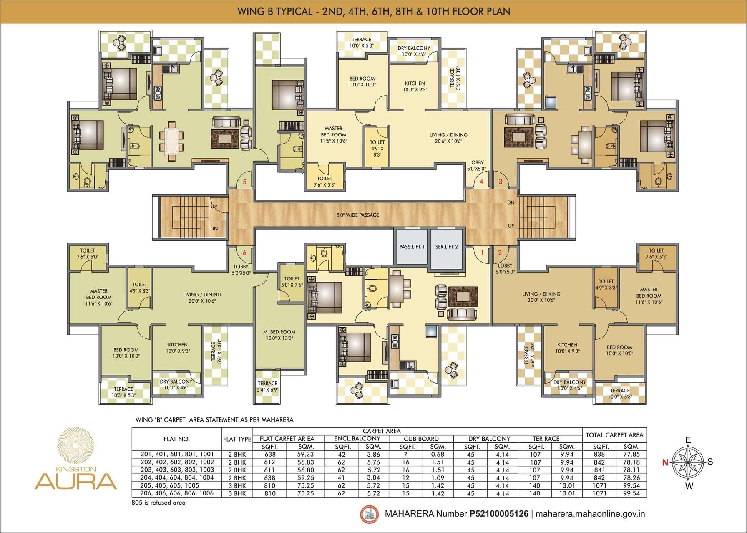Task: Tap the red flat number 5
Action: (x=245, y=182)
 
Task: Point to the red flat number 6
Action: (x=244, y=253)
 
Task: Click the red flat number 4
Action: (x=481, y=182)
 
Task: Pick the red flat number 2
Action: (x=500, y=253)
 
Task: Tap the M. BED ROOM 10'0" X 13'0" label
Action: (x=279, y=335)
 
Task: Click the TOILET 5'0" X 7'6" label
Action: (x=292, y=282)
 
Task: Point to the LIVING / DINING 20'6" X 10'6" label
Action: (x=448, y=138)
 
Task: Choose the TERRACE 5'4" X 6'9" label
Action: (x=267, y=386)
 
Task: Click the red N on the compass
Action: (x=666, y=462)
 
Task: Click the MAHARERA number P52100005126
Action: (x=499, y=514)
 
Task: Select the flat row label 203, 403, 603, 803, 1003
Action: (x=177, y=470)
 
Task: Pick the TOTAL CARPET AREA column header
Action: (x=614, y=435)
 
